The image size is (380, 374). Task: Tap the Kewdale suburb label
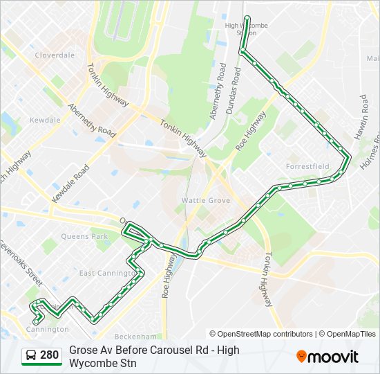click(x=45, y=120)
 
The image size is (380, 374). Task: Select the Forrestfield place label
click(x=307, y=166)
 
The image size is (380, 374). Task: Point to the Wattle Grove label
click(x=205, y=200)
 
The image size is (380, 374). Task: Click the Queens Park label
click(x=85, y=236)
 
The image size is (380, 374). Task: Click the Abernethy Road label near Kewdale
click(x=91, y=119)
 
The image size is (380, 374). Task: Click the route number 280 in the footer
click(x=49, y=356)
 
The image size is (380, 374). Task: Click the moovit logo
click(x=327, y=357)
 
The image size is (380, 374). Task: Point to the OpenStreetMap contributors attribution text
click(x=261, y=334)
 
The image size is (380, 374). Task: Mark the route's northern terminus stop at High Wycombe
click(x=247, y=18)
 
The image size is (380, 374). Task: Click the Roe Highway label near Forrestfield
click(x=250, y=130)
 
